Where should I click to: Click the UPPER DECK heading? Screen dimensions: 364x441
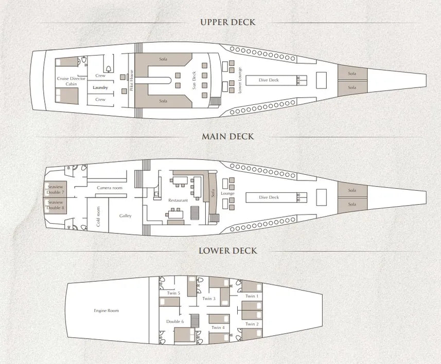point(228,22)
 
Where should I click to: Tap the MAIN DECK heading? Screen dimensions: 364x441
point(228,137)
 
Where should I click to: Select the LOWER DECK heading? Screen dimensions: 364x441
point(228,251)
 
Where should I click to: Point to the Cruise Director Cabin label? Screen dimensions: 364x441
point(67,81)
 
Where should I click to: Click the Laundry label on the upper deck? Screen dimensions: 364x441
point(100,88)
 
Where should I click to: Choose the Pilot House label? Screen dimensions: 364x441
point(132,80)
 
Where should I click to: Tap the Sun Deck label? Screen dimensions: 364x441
point(195,80)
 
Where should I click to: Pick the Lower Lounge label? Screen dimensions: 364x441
point(240,80)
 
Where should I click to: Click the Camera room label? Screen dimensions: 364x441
point(110,188)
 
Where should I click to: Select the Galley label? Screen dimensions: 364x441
point(126,216)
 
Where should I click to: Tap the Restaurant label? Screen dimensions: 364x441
point(178,200)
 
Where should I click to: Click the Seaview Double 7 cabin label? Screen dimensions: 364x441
point(56,190)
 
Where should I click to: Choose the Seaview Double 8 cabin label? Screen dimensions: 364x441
point(56,205)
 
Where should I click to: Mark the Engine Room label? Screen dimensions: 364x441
point(107,311)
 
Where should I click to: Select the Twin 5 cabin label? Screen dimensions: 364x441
point(173,294)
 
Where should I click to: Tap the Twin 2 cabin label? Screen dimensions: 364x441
point(251,324)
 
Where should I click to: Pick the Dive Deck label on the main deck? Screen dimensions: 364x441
point(269,197)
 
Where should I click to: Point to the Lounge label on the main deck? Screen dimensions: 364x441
point(227,194)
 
